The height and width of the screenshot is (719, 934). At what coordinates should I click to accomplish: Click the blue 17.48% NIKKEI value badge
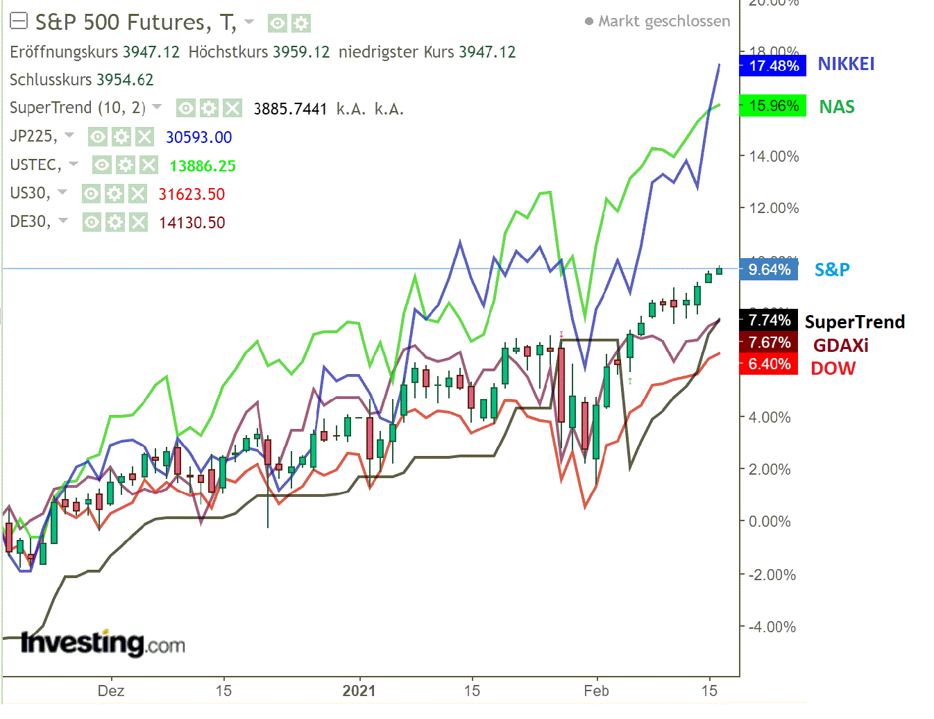(773, 66)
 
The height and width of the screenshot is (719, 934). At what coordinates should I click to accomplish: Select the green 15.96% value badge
(773, 106)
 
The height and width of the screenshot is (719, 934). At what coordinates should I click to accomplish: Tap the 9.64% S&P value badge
(769, 270)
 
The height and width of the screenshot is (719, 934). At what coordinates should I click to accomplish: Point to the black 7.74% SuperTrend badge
(769, 320)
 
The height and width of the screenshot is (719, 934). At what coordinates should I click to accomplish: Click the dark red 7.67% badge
(769, 342)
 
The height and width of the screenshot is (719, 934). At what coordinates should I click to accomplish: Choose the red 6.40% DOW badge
(769, 364)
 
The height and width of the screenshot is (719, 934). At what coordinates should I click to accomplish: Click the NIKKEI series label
(846, 65)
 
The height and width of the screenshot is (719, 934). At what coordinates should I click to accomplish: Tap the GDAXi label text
(840, 346)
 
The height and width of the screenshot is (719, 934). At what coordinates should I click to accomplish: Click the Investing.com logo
(103, 643)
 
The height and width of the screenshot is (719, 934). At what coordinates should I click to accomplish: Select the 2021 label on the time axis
(359, 691)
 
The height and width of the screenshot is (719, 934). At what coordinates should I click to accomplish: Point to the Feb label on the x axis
(596, 691)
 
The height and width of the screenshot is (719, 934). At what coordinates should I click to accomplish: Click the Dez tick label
(111, 691)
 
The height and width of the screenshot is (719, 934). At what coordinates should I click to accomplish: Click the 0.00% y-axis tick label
(770, 521)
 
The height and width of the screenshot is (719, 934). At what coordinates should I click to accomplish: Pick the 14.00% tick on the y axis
(774, 156)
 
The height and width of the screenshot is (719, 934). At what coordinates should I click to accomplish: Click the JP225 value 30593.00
(198, 137)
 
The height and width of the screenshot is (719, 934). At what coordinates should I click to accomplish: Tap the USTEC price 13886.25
(203, 166)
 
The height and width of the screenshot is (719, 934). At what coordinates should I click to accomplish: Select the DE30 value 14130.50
(192, 223)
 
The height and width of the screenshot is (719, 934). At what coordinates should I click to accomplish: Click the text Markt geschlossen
(664, 22)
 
